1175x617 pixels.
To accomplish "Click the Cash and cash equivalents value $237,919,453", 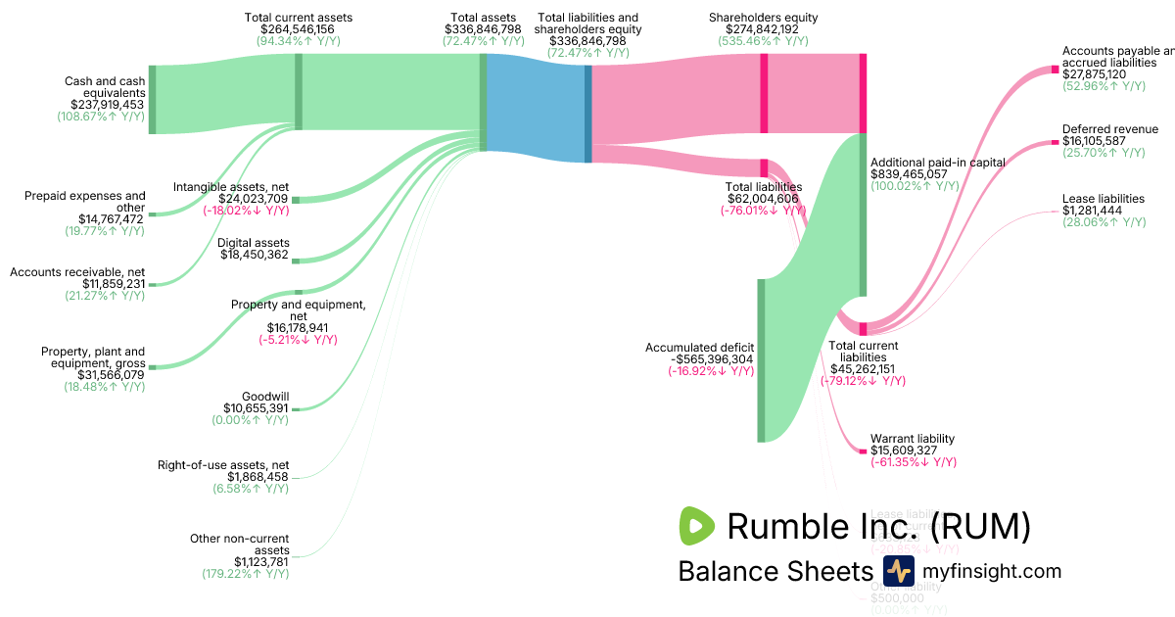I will click(107, 104).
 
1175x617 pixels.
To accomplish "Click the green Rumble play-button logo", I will click(697, 526).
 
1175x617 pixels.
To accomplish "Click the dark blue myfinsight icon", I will click(898, 571).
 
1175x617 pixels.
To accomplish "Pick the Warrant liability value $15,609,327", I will click(912, 451).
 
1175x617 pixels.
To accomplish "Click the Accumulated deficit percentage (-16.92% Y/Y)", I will click(711, 371).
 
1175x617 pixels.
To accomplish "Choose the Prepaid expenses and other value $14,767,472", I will click(112, 219).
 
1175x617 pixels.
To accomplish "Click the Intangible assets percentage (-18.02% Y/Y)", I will click(246, 210).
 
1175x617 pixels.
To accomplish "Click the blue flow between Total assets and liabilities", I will click(537, 108).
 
